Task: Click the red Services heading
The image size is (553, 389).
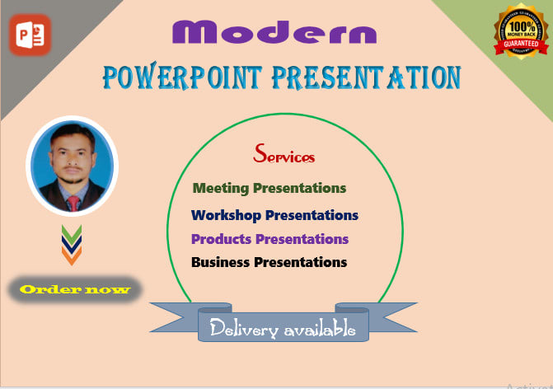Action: coord(284,154)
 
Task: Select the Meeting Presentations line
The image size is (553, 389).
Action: coord(269,189)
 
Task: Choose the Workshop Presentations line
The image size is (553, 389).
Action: coord(274,215)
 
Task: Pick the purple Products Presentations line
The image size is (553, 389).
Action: coord(269,239)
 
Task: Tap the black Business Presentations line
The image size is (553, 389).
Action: coord(269,262)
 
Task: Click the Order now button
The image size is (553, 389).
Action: coord(75,289)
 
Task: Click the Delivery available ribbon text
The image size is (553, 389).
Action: coord(283,329)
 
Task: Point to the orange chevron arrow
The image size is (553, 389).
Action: coord(73,257)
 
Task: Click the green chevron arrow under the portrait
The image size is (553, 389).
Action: coord(73,232)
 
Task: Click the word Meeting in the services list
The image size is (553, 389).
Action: coord(221,189)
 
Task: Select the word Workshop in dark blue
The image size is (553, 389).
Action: coord(227,215)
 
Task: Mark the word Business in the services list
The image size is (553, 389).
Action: coord(220,262)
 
